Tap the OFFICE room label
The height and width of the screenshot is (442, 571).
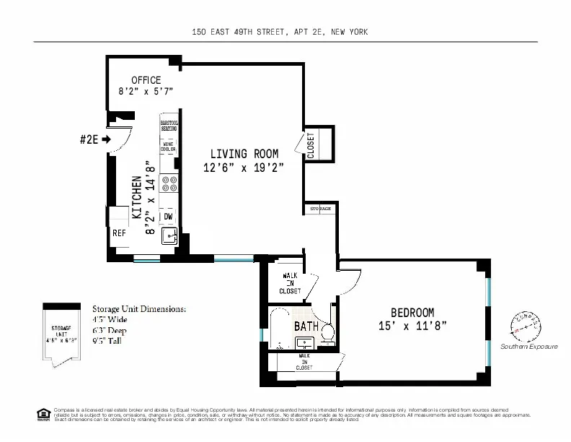click(146, 79)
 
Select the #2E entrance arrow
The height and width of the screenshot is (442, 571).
click(107, 139)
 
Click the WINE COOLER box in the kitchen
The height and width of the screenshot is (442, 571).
click(169, 147)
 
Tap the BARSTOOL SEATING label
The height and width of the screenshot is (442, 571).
click(169, 126)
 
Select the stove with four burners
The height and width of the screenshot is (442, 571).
click(169, 183)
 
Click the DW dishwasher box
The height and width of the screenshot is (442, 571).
click(168, 216)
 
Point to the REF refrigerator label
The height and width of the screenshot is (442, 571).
click(119, 233)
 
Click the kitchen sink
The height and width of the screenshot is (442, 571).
click(169, 235)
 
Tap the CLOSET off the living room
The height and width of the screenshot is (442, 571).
click(311, 144)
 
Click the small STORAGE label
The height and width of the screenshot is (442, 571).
click(320, 209)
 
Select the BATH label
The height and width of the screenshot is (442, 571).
click(306, 326)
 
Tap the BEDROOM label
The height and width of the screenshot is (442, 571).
click(412, 312)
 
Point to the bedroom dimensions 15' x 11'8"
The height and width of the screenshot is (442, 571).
click(412, 326)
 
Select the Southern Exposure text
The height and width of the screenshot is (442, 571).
click(528, 347)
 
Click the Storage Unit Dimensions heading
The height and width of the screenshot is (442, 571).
click(139, 308)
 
